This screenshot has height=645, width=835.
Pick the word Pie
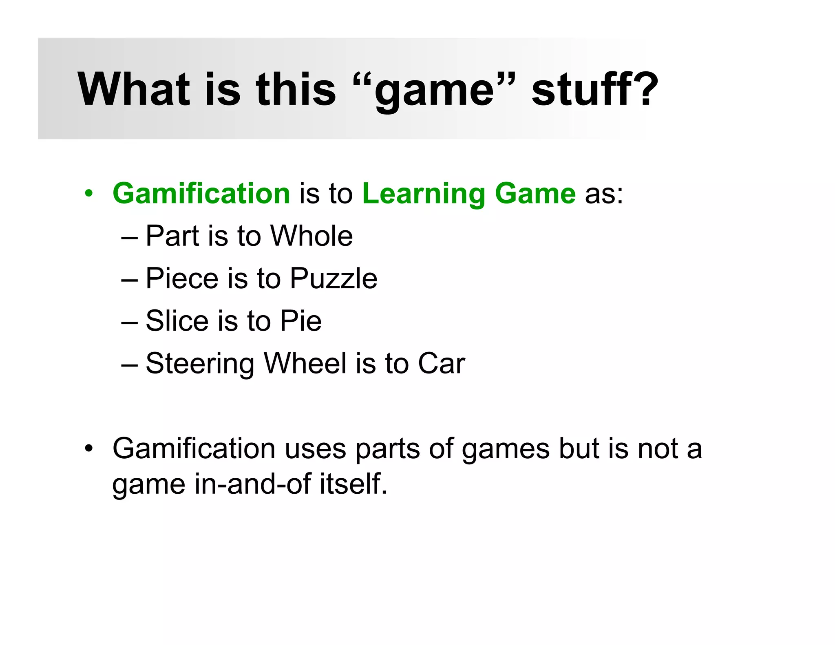click(300, 321)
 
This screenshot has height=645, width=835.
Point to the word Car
click(441, 363)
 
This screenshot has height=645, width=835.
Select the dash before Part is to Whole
click(130, 236)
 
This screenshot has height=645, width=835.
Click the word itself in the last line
click(353, 484)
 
